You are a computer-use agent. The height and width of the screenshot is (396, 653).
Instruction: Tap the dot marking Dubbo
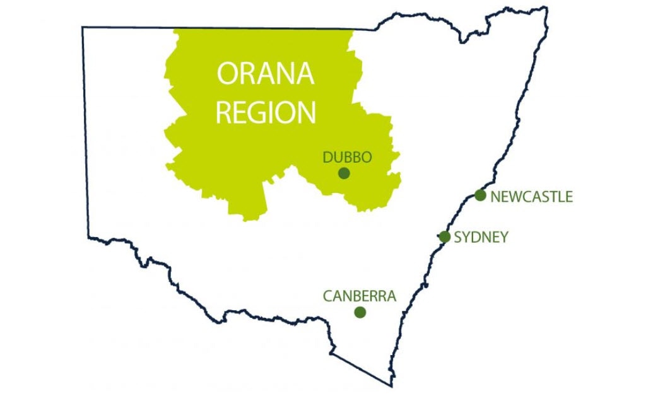click(344, 173)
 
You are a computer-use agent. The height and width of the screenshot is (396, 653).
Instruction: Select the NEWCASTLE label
click(531, 197)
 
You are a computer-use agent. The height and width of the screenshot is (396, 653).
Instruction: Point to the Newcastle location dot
click(480, 195)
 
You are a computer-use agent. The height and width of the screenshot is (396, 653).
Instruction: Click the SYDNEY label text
click(481, 238)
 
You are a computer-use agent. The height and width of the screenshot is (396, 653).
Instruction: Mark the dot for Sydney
click(444, 237)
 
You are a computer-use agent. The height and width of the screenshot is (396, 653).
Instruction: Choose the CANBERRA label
click(359, 296)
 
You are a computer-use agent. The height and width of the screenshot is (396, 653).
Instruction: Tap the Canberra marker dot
click(360, 312)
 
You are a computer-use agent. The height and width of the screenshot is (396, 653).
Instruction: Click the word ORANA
click(265, 74)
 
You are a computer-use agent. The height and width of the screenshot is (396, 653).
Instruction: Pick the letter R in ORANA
click(248, 74)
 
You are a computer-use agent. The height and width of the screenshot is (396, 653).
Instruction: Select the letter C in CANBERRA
click(328, 296)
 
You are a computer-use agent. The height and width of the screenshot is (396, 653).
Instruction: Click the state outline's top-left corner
click(83, 27)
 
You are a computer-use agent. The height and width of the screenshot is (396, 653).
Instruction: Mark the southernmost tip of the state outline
click(391, 385)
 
